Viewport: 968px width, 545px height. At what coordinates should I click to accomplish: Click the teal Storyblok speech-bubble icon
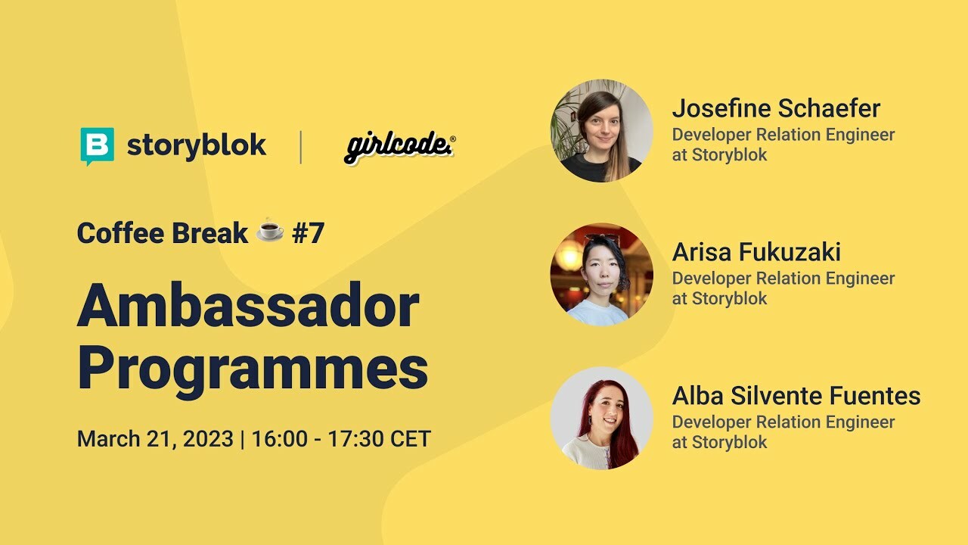coord(97,145)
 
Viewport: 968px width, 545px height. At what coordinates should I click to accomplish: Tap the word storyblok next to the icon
coord(197,145)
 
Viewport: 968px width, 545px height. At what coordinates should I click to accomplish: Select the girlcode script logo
coord(399,146)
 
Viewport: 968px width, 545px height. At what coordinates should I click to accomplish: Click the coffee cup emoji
coord(270,232)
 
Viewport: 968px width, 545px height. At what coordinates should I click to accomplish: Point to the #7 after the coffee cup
coord(308,233)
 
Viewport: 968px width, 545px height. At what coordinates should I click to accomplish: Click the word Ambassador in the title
coord(248,306)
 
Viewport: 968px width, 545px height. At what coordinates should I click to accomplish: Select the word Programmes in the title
coord(253,369)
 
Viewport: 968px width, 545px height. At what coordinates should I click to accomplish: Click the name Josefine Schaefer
coord(776,109)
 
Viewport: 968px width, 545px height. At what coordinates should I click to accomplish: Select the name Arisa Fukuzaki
coord(756,252)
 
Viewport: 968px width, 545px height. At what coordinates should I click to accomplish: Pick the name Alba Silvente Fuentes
coord(796,395)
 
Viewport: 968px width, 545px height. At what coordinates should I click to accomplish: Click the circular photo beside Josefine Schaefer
coord(601,131)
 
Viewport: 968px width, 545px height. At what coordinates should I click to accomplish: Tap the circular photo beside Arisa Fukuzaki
coord(601,274)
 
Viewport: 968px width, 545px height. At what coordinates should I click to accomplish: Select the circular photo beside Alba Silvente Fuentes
coord(601,418)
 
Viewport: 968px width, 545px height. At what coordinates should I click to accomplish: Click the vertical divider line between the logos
coord(301,147)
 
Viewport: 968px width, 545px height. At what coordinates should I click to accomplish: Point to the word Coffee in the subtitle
coord(119,233)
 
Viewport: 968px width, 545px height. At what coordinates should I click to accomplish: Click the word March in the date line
coord(107,439)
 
